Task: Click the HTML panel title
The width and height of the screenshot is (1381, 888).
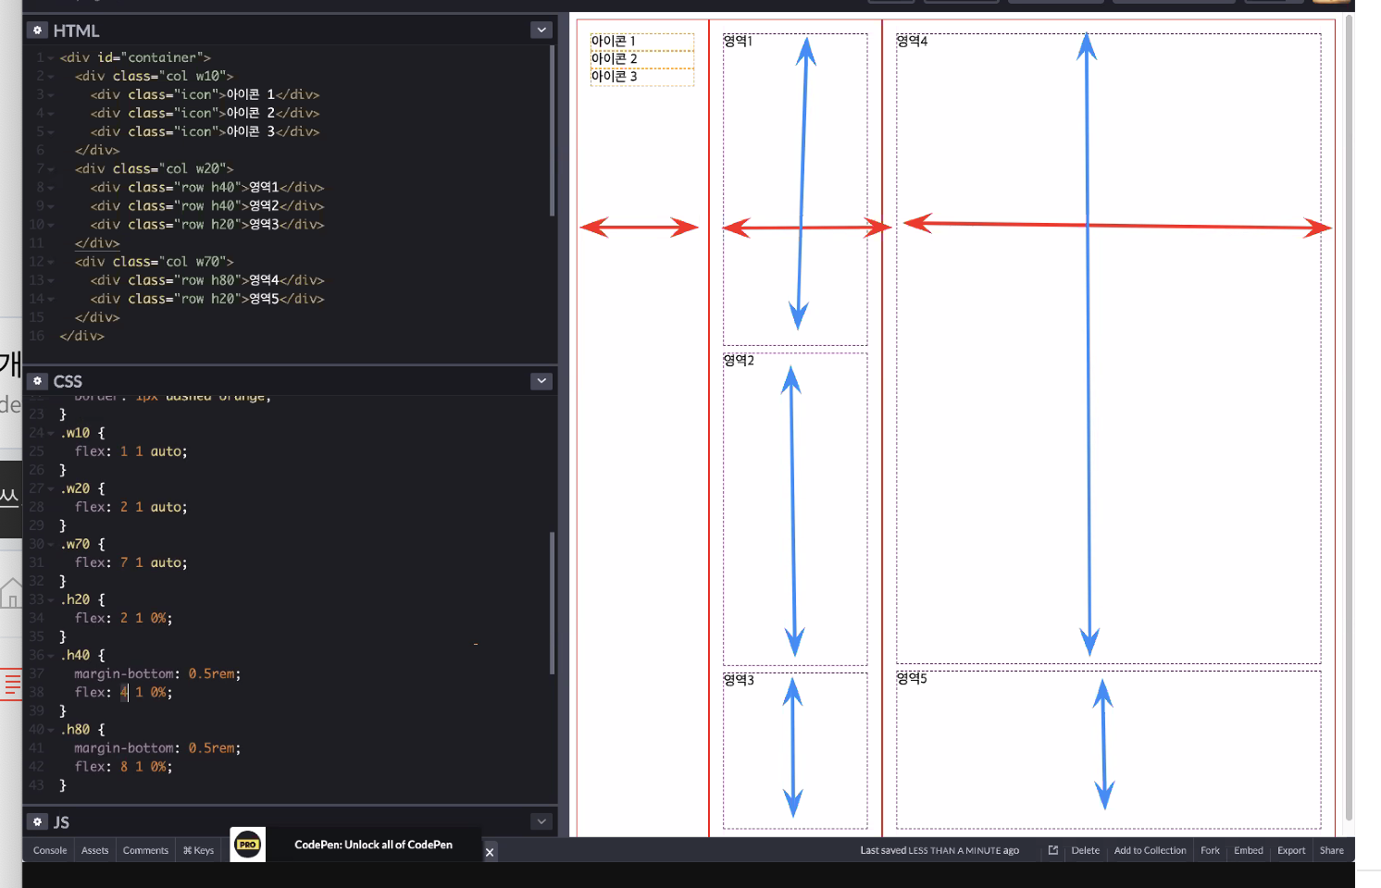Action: [x=76, y=31]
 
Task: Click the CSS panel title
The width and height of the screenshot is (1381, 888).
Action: [x=68, y=381]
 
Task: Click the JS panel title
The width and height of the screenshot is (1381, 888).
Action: [x=61, y=822]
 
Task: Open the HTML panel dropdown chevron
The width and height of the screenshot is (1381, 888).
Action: [x=541, y=31]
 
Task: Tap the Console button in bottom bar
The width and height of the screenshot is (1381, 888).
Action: [x=50, y=850]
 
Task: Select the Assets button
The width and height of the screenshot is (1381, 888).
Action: [x=94, y=850]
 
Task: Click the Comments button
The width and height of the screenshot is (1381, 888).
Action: [x=145, y=850]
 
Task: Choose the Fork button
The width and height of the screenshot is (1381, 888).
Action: [x=1210, y=850]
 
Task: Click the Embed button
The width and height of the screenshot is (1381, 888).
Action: [x=1248, y=850]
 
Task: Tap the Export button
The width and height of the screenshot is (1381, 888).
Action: [x=1291, y=850]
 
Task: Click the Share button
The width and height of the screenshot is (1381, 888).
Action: [x=1331, y=850]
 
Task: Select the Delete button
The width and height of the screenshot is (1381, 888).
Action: [x=1085, y=850]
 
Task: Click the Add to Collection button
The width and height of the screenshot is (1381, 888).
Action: [x=1150, y=850]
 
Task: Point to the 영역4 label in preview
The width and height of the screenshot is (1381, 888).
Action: [x=912, y=41]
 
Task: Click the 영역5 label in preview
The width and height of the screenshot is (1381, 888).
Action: [x=912, y=678]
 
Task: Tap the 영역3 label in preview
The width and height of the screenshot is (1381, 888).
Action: [x=739, y=680]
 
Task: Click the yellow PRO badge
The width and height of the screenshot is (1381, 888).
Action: [x=247, y=845]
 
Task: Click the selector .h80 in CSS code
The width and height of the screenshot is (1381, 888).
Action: [x=78, y=730]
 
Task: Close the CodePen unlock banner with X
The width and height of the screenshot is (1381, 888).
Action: [x=490, y=852]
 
